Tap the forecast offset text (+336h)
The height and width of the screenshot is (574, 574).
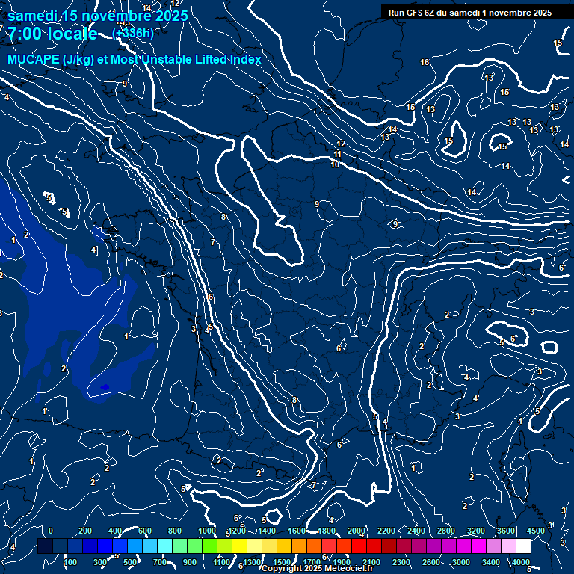133,33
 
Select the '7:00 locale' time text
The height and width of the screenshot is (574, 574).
52,34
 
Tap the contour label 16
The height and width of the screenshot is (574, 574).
425,62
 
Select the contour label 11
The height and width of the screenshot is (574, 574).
338,154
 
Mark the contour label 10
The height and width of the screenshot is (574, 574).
335,164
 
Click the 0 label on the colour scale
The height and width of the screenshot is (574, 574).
51,531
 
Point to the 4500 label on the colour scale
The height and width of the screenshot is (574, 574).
536,531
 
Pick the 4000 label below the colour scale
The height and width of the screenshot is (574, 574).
522,562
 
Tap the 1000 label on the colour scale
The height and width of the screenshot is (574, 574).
207,531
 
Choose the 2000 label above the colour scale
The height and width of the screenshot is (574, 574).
357,531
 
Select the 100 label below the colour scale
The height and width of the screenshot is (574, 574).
70,562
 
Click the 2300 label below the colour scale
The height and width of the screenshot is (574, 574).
401,562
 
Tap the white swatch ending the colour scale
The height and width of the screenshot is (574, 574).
536,546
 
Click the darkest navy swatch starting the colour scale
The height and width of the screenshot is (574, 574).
45,546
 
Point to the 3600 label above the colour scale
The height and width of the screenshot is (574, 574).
506,531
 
